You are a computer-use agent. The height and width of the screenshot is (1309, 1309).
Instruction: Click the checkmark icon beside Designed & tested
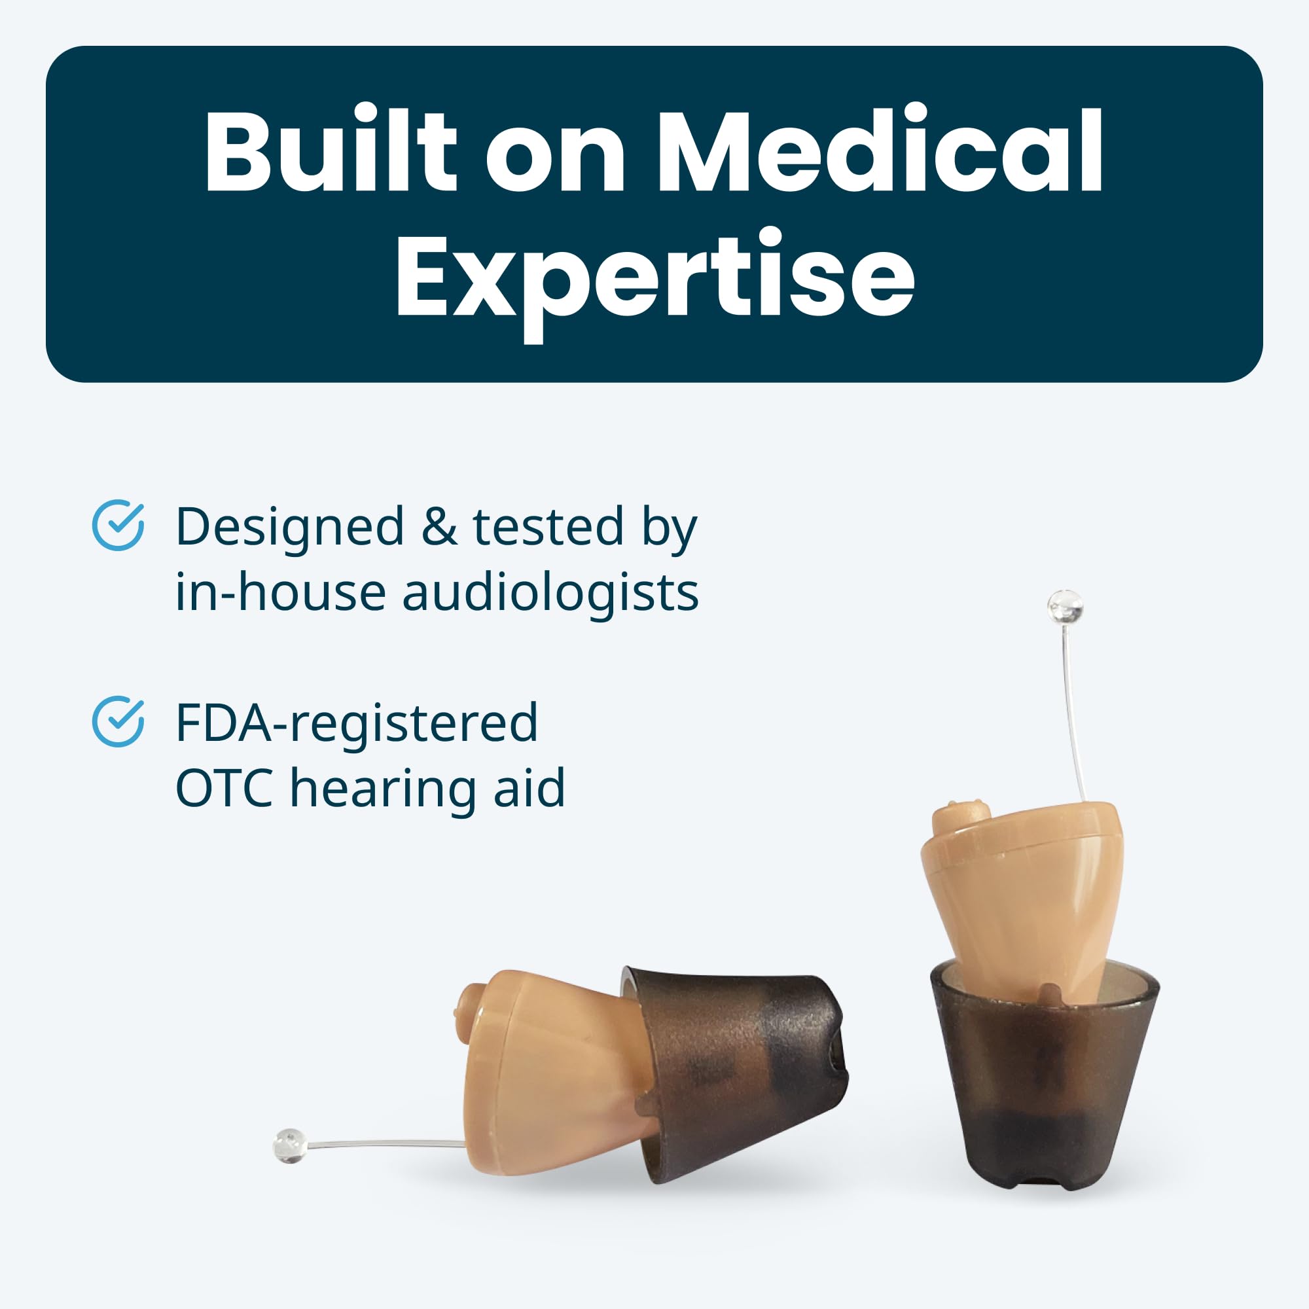click(118, 525)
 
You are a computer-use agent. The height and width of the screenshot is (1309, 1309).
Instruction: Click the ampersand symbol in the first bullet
click(439, 527)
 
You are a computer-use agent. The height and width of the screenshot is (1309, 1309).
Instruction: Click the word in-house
click(281, 592)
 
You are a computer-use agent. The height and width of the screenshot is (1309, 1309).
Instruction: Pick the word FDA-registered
click(357, 725)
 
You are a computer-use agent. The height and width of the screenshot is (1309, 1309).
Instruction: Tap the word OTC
click(224, 788)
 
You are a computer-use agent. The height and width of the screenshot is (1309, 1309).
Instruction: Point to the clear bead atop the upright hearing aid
click(1064, 607)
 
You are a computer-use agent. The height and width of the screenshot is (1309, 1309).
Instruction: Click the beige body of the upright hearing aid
click(1023, 894)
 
